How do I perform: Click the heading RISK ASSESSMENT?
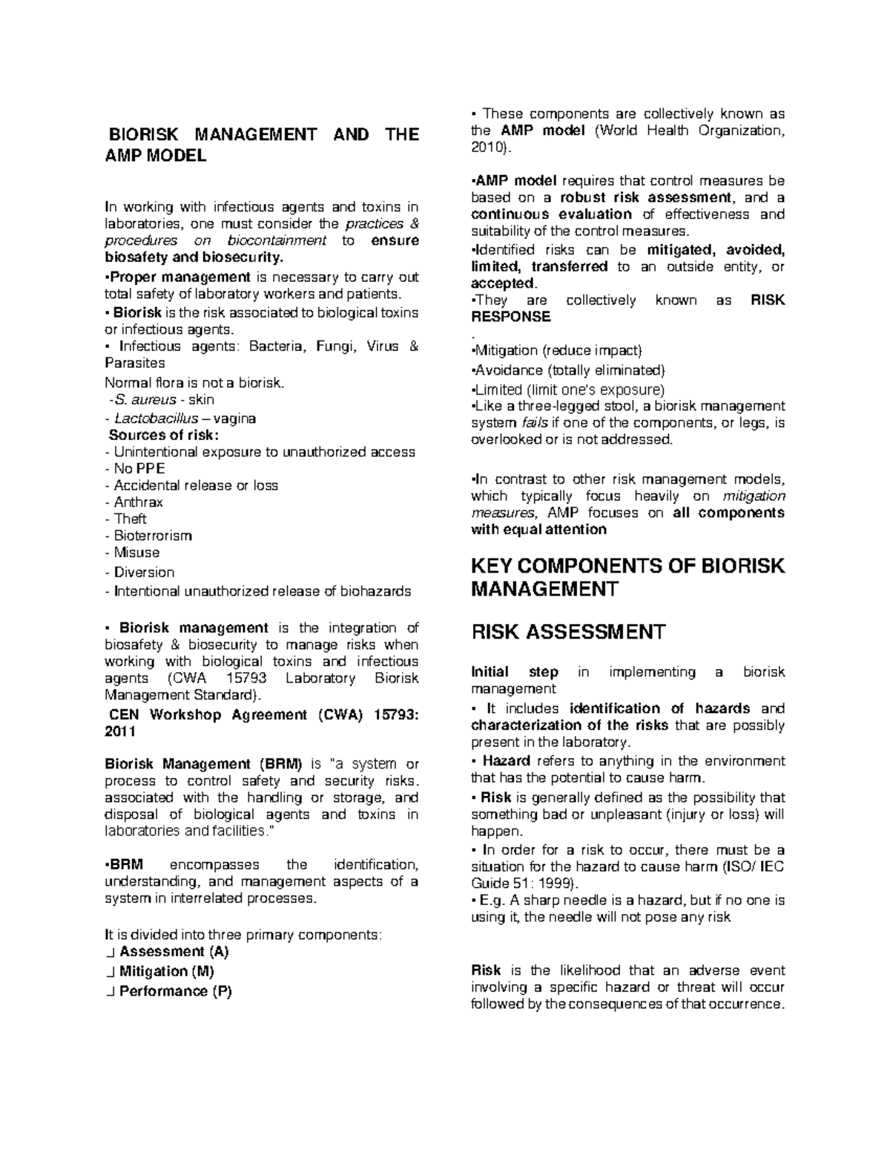click(x=568, y=632)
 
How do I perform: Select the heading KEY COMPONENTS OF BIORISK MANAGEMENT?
click(x=627, y=577)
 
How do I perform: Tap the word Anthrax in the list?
click(x=138, y=502)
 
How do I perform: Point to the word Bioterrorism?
click(x=153, y=536)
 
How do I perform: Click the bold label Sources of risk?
click(x=164, y=435)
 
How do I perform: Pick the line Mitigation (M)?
click(x=166, y=971)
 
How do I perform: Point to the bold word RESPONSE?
click(x=511, y=317)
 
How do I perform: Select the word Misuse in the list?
click(x=136, y=553)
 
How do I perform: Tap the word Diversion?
click(x=144, y=573)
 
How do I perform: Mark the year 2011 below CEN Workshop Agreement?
click(x=120, y=731)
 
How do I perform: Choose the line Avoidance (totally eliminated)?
click(x=570, y=370)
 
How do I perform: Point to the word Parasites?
click(x=135, y=363)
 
